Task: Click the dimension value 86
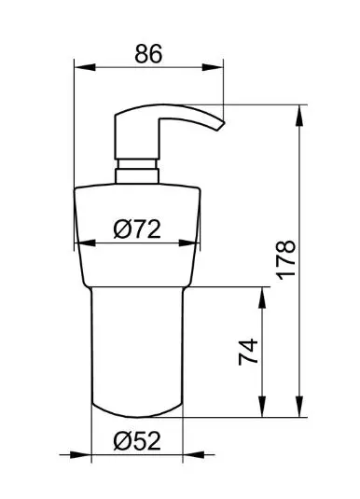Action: coord(148,53)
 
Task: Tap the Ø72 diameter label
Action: coord(137,229)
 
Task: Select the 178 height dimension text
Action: coord(285,260)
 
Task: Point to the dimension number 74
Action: coord(248,352)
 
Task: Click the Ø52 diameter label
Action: coord(137,441)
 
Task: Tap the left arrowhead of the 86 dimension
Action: coord(85,67)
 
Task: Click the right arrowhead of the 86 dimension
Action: coord(213,67)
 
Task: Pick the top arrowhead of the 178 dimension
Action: coord(299,116)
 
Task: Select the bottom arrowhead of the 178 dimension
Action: coord(299,406)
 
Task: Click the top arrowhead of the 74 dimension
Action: coord(262,298)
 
